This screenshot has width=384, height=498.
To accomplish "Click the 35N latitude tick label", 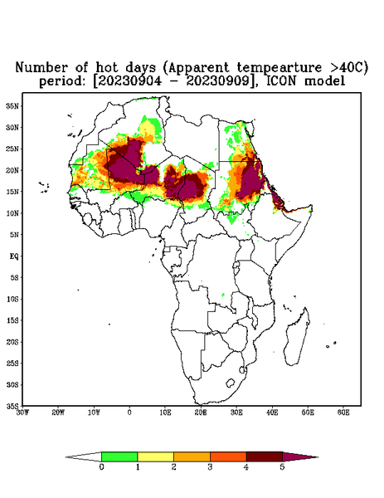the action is pyautogui.click(x=12, y=105).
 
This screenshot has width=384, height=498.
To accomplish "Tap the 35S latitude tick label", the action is pyautogui.click(x=12, y=406).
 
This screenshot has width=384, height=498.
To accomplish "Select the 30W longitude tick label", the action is pyautogui.click(x=23, y=413).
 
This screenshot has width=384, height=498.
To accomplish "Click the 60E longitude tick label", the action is pyautogui.click(x=343, y=413).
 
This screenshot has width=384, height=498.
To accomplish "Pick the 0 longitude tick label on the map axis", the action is pyautogui.click(x=129, y=413).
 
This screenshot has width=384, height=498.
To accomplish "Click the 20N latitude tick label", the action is pyautogui.click(x=12, y=170).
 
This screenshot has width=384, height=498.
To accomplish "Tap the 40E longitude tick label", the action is pyautogui.click(x=272, y=413).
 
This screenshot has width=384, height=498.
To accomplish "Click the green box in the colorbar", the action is pyautogui.click(x=119, y=456).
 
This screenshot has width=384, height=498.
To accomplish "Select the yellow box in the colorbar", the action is pyautogui.click(x=155, y=456).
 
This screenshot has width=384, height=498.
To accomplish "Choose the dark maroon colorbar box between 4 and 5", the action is pyautogui.click(x=265, y=456).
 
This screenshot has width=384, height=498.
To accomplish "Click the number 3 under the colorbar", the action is pyautogui.click(x=210, y=467).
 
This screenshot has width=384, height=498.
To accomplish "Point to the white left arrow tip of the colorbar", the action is pyautogui.click(x=66, y=457).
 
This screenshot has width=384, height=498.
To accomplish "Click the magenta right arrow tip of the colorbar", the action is pyautogui.click(x=318, y=457).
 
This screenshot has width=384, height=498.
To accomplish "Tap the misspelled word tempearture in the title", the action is pyautogui.click(x=275, y=68).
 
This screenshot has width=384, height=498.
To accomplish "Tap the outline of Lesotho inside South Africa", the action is pyautogui.click(x=231, y=383).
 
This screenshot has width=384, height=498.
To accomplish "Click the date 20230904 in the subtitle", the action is pyautogui.click(x=129, y=81).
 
